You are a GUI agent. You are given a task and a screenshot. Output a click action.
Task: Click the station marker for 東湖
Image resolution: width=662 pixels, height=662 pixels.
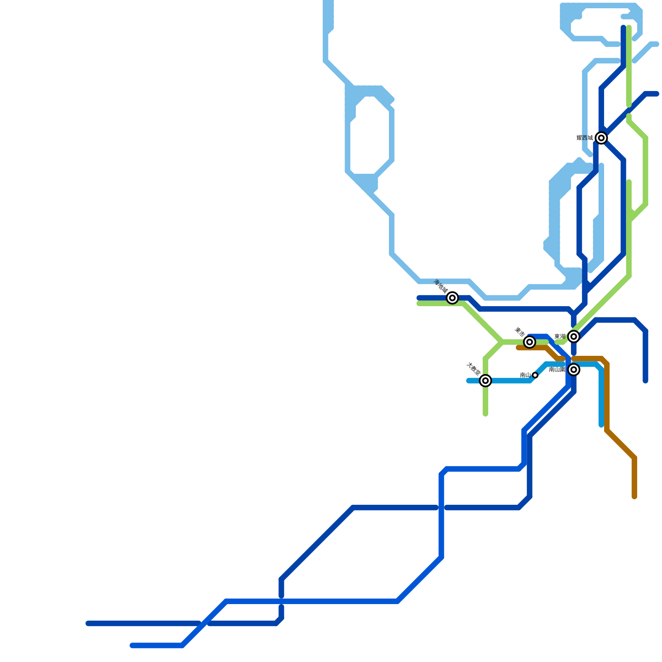point(573,336)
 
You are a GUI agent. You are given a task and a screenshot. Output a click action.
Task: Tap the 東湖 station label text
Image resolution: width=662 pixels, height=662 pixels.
point(560,336)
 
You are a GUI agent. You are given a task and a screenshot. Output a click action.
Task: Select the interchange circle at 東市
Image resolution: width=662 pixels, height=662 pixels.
point(530,342)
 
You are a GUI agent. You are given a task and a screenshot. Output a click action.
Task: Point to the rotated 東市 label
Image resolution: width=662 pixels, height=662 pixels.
point(520,331)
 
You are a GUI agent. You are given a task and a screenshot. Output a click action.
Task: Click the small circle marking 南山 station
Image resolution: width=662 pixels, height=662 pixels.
point(535,375)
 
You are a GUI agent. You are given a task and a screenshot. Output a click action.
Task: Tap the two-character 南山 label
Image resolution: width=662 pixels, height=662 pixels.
point(525,375)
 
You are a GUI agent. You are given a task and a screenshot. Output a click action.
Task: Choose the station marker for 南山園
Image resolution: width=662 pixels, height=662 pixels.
point(573,369)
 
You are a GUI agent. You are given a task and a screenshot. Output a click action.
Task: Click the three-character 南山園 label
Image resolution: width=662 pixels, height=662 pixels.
point(557,369)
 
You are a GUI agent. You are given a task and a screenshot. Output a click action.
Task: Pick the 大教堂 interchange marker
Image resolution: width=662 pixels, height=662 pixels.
point(485,381)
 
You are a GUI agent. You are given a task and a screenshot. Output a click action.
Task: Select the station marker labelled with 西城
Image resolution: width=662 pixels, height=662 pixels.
point(602,138)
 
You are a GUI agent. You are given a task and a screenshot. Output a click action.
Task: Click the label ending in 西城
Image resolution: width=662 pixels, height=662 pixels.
point(585,138)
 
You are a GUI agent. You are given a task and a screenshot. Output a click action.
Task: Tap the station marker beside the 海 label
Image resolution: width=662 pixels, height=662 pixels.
point(453,297)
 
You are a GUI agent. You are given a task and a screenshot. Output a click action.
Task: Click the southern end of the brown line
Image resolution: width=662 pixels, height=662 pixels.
point(634,497)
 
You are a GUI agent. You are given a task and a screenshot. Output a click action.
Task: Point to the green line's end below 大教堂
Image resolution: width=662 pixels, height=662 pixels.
point(485,414)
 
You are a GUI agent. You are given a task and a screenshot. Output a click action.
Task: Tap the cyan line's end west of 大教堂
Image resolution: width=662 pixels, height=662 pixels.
point(468,381)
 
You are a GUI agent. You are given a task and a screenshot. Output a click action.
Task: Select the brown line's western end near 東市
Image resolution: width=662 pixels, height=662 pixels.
point(518,348)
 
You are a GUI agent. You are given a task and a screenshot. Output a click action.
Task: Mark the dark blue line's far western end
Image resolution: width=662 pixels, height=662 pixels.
point(88,624)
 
